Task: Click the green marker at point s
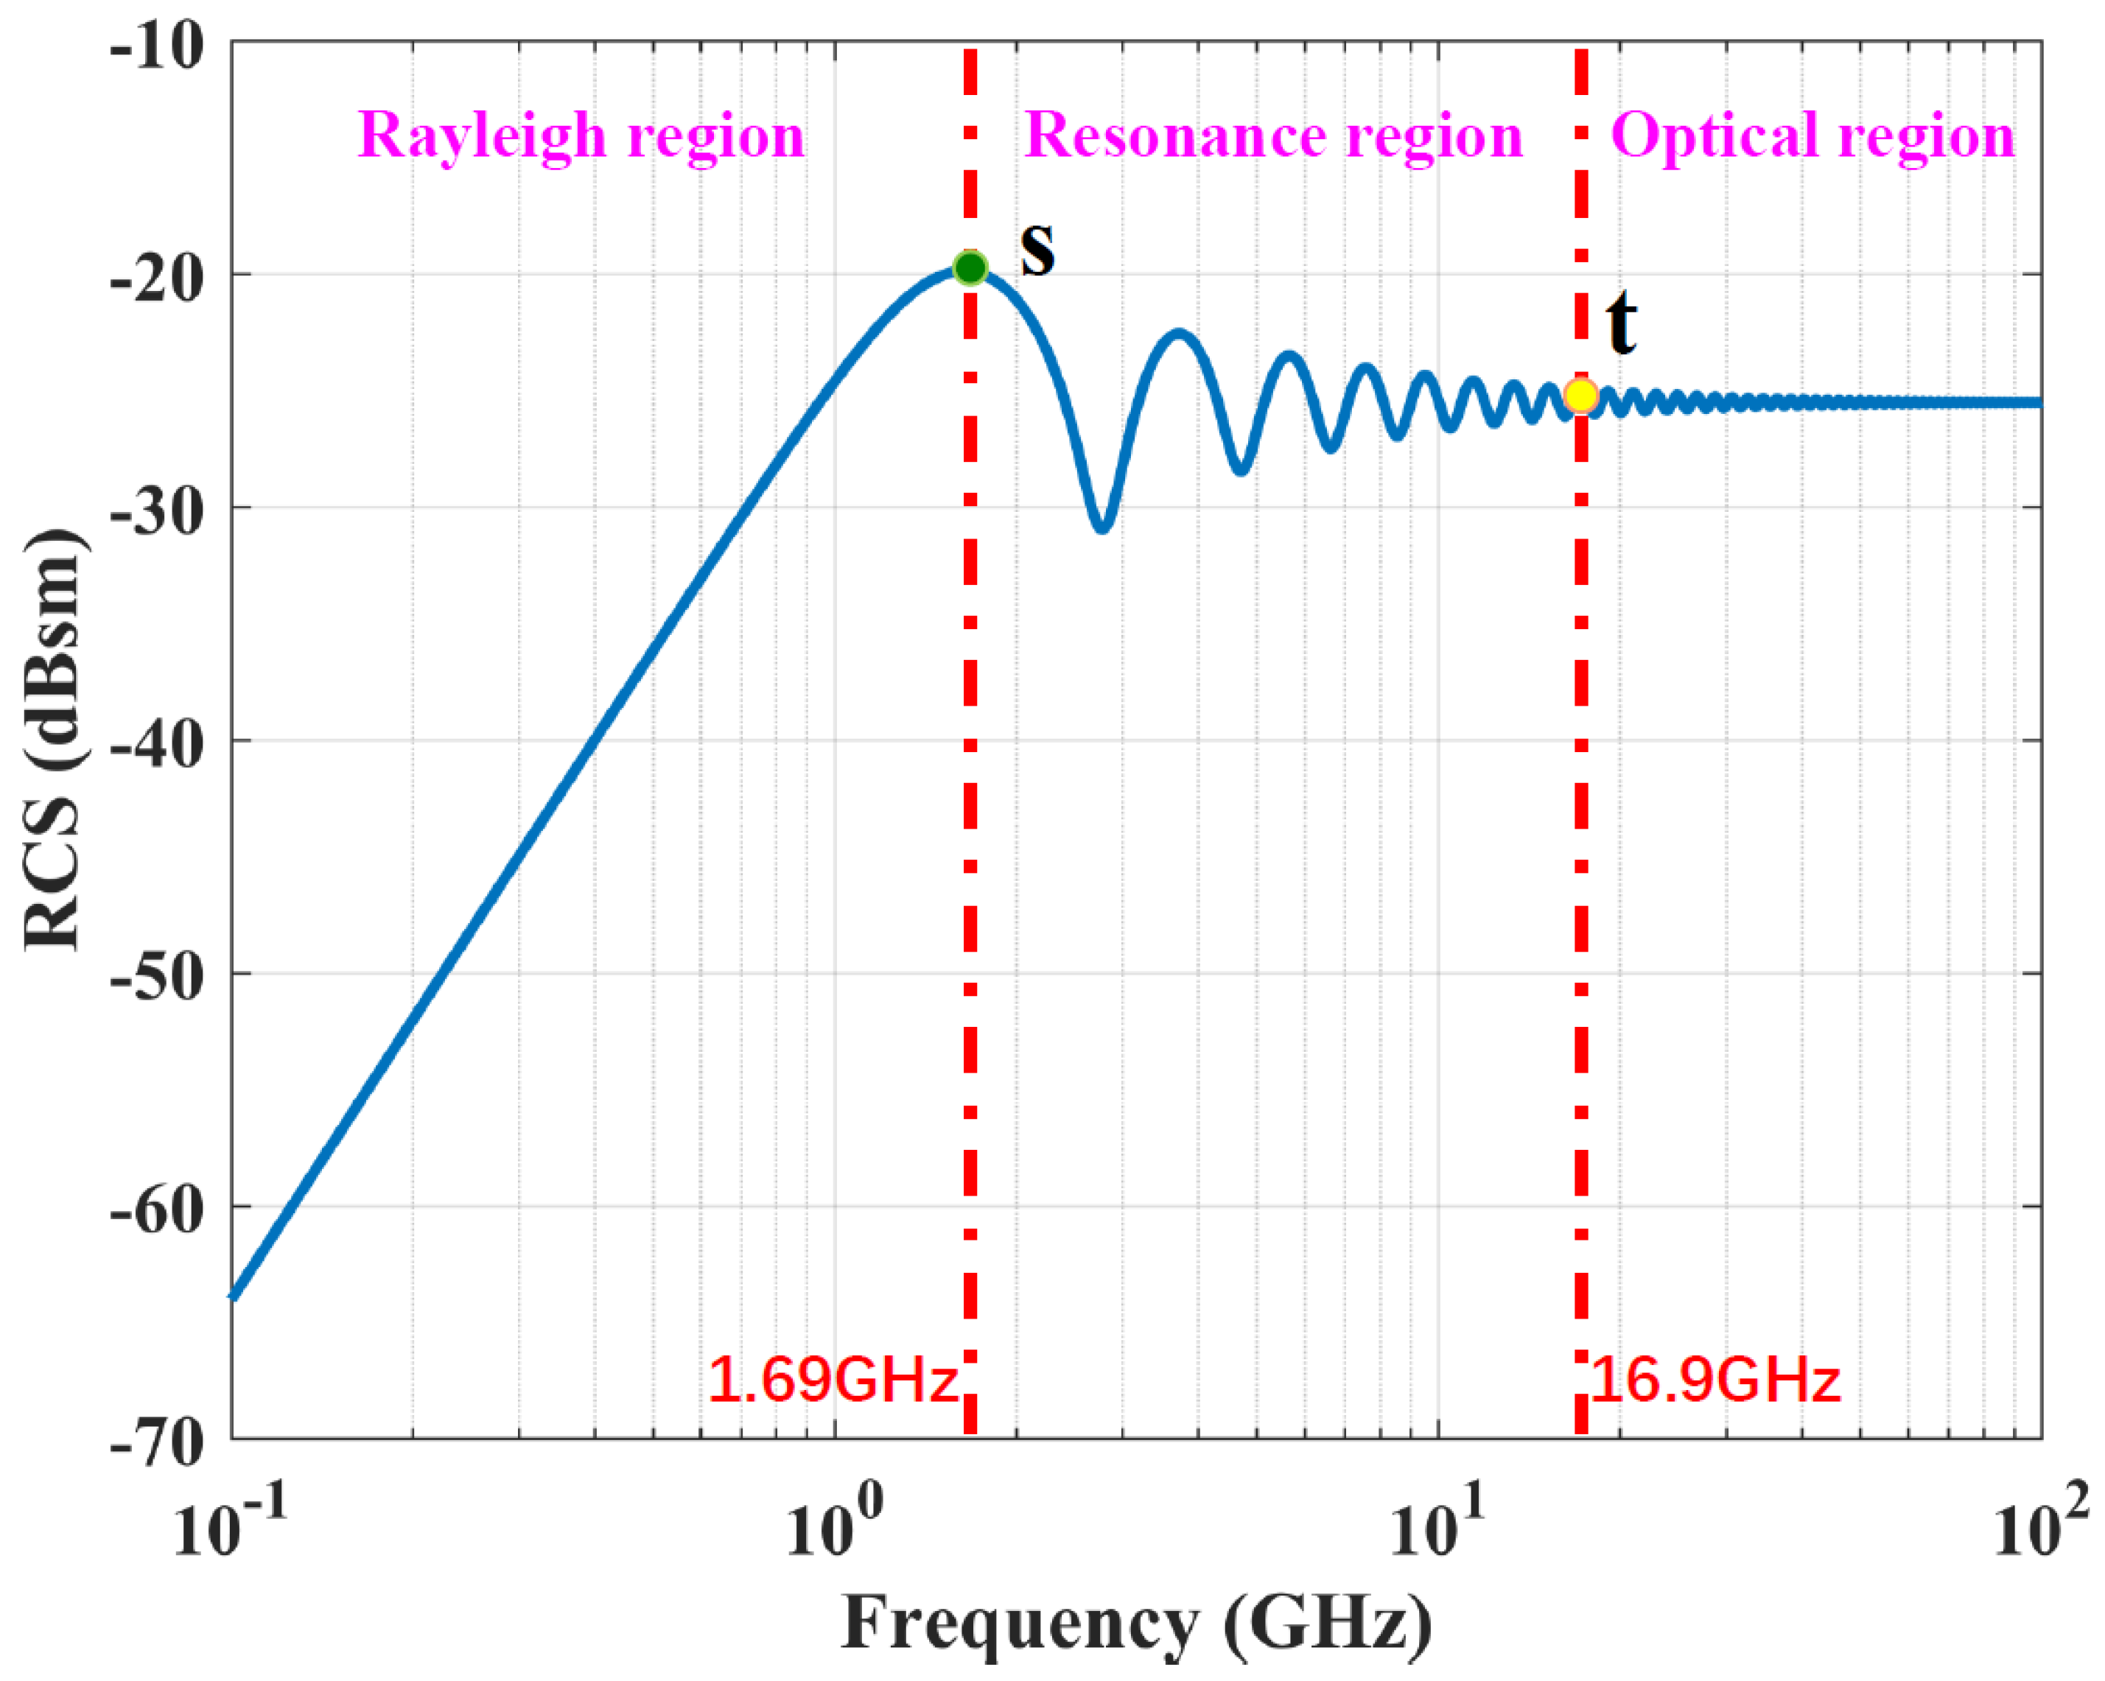(970, 267)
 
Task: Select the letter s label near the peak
(1038, 248)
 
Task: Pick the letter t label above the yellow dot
(1621, 324)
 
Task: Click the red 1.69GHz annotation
(833, 1380)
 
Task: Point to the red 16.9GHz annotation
(1715, 1380)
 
